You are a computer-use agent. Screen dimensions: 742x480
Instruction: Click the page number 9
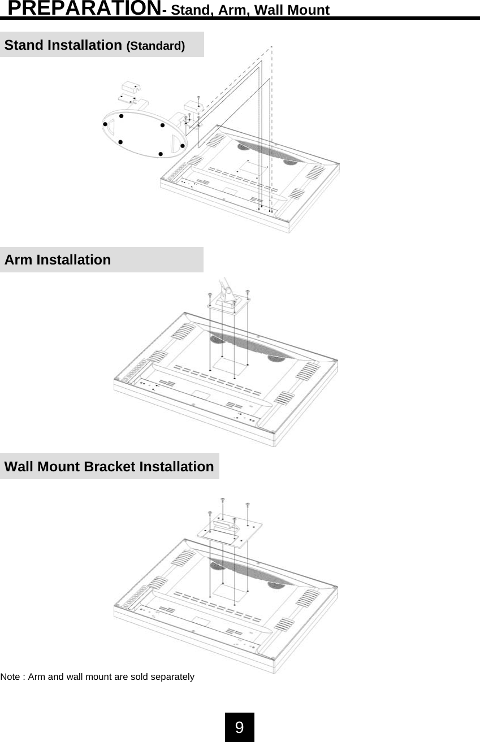pos(240,727)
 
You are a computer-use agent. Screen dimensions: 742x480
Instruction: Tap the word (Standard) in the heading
pos(155,46)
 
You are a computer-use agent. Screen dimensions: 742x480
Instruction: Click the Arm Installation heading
pos(58,260)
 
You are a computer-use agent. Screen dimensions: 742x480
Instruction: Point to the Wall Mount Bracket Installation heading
pos(109,467)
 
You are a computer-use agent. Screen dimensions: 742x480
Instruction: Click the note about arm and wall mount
pos(97,676)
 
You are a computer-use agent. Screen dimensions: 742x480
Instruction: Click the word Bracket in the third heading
pos(109,467)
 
